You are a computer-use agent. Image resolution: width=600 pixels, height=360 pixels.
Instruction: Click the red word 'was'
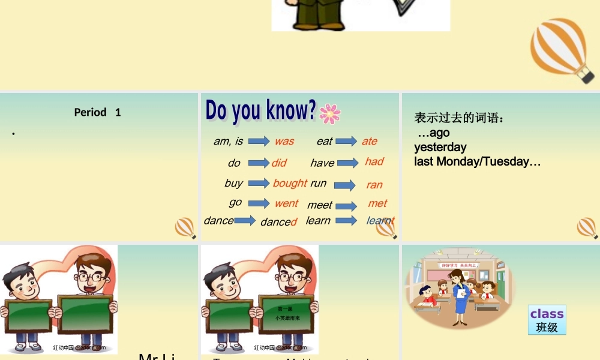coord(284,142)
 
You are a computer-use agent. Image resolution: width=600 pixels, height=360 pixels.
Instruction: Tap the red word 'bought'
coord(290,183)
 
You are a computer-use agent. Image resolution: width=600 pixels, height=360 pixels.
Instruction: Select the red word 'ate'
coord(370,142)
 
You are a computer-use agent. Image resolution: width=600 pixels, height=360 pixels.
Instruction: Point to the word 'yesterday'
coord(440,147)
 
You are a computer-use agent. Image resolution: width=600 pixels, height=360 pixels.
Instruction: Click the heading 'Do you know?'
coord(260,110)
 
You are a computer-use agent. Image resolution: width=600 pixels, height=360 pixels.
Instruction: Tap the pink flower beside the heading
coord(330,113)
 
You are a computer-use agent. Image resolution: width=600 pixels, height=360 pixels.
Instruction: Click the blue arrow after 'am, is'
coord(259,142)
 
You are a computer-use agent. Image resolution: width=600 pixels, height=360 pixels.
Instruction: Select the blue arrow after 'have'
coord(348,163)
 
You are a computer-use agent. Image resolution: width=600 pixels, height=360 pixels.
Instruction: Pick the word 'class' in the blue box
coord(547,314)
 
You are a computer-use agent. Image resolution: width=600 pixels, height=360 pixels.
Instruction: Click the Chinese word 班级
coord(547,327)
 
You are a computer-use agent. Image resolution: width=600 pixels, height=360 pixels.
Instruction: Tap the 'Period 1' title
coord(98,112)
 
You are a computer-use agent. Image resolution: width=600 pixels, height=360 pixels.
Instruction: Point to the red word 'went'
coord(286,203)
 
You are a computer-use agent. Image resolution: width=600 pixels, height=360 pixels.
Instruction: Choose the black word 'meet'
coord(320,205)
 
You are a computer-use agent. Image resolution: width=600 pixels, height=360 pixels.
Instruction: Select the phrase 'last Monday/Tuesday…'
coord(478,161)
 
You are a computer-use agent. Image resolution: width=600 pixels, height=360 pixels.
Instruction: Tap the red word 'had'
coord(374,161)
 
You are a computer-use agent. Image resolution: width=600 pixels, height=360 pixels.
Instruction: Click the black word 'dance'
coord(219,221)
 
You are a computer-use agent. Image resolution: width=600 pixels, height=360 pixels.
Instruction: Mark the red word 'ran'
coord(374,185)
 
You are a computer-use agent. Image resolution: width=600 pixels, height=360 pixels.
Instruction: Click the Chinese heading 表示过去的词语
coord(460,118)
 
